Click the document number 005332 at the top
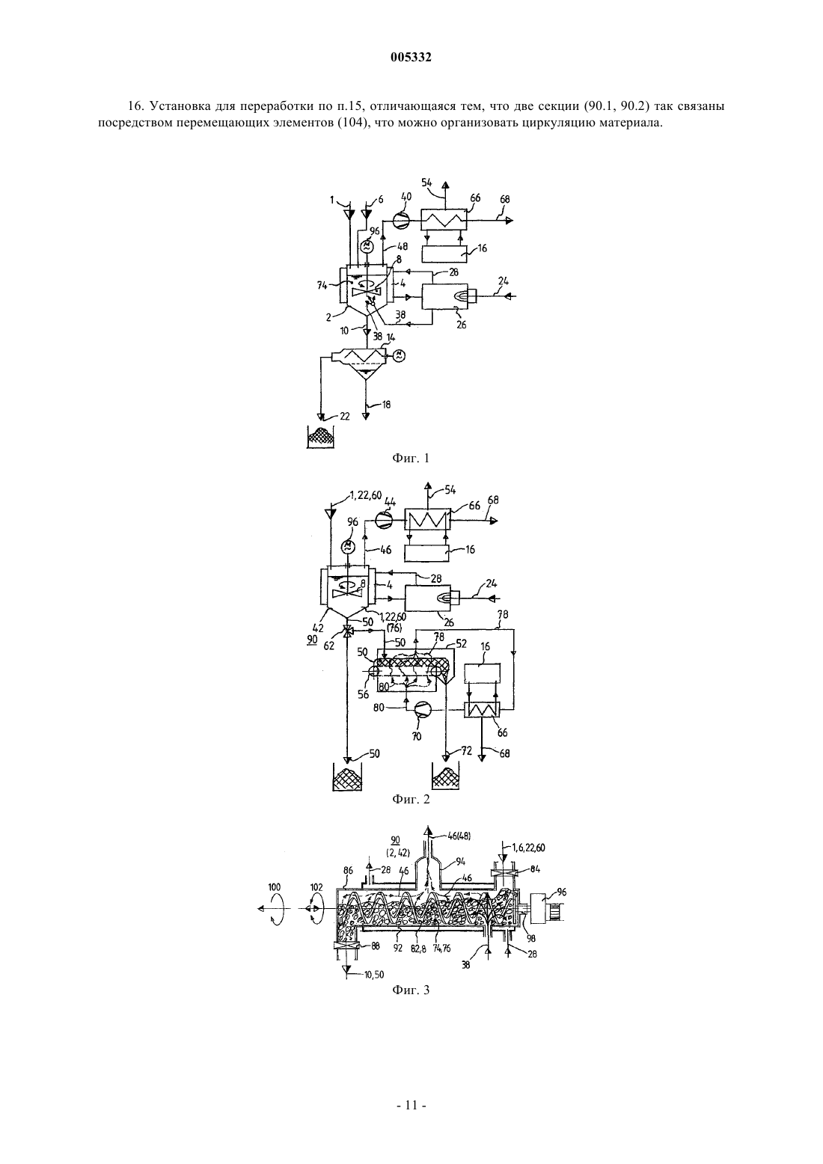(x=411, y=58)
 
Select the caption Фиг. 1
(x=411, y=458)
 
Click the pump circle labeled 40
(x=400, y=221)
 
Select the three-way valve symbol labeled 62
(x=348, y=631)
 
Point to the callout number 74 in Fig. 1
(x=322, y=284)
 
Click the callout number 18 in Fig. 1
(x=386, y=404)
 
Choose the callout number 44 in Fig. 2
(x=390, y=502)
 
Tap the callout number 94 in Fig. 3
(x=460, y=862)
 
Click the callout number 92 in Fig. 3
(x=397, y=948)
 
